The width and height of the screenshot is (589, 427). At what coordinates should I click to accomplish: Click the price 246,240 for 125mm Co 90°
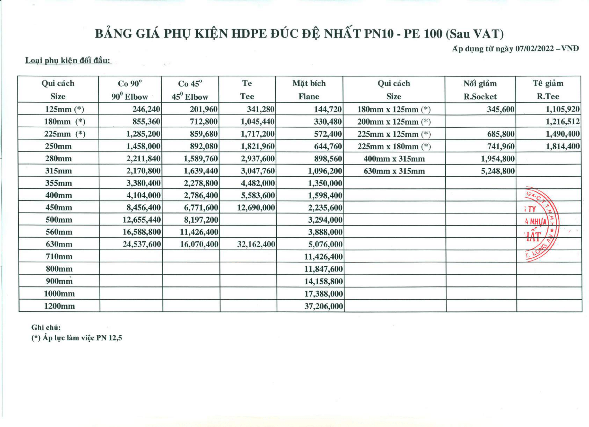coord(146,109)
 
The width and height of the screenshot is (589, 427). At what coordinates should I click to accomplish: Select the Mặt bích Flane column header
coord(309,90)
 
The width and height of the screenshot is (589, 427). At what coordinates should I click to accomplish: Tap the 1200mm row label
coord(59,306)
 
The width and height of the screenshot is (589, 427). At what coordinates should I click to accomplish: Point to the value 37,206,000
coord(324,306)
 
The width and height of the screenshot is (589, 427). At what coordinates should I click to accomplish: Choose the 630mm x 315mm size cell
coord(394,171)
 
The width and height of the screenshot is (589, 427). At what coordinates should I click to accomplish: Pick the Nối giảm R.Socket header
coord(480,90)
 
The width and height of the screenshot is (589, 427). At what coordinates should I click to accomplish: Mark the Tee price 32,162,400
coord(256,244)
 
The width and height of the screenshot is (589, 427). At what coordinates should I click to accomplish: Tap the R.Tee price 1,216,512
coord(562,122)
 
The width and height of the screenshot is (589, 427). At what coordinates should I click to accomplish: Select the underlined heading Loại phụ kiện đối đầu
coord(68,61)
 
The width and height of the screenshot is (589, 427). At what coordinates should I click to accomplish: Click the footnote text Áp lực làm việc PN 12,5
coord(77,338)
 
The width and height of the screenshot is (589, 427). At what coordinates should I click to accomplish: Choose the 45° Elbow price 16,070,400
coord(199,244)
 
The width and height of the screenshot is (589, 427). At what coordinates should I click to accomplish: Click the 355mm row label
coord(58,183)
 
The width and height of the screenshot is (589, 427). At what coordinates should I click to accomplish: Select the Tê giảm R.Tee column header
coord(548,90)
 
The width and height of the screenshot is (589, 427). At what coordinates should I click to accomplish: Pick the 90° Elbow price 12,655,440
coord(142,220)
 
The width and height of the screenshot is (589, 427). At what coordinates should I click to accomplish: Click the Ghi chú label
coord(46,327)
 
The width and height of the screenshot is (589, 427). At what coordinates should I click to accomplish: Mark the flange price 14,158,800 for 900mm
coord(324,281)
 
